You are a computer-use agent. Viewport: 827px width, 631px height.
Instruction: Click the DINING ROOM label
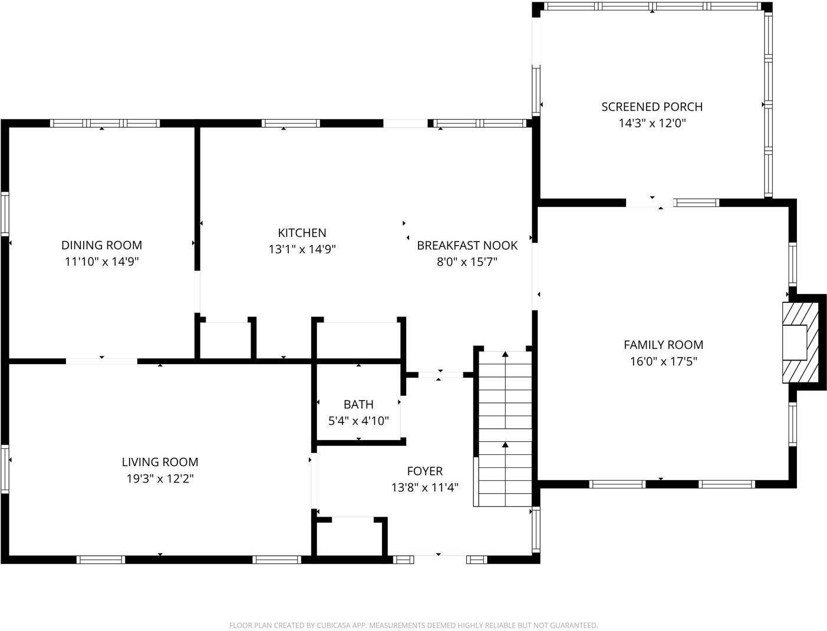(x=101, y=245)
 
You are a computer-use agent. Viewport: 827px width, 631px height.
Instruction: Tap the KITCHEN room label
(x=302, y=233)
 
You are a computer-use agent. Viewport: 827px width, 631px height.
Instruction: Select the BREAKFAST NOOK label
(x=467, y=245)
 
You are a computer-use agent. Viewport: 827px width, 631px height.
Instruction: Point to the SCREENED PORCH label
(x=651, y=107)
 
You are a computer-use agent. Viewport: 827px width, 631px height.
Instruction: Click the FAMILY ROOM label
(x=663, y=345)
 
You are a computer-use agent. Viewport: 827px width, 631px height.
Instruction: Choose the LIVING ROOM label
(x=160, y=462)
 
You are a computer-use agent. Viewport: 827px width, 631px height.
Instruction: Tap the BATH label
(x=358, y=404)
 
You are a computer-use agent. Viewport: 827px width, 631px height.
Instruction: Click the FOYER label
(x=424, y=471)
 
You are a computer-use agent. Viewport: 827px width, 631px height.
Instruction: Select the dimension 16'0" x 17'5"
(x=663, y=361)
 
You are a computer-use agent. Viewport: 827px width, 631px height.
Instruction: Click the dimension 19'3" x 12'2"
(x=160, y=478)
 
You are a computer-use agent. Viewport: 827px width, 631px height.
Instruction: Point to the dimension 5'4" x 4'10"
(x=358, y=421)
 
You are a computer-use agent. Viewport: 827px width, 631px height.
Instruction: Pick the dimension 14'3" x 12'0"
(x=651, y=123)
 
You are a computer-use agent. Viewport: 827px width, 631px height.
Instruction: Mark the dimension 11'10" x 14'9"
(x=101, y=262)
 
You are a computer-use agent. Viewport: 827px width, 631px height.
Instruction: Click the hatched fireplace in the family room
(x=800, y=342)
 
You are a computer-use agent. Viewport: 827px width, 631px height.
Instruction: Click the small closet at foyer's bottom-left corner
(x=350, y=537)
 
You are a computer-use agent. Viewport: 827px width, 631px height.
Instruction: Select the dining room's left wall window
(x=5, y=214)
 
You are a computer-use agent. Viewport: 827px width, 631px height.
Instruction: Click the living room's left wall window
(x=5, y=470)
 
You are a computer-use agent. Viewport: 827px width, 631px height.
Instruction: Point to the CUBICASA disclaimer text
(x=413, y=625)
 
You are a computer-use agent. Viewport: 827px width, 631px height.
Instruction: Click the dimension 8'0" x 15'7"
(x=467, y=262)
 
